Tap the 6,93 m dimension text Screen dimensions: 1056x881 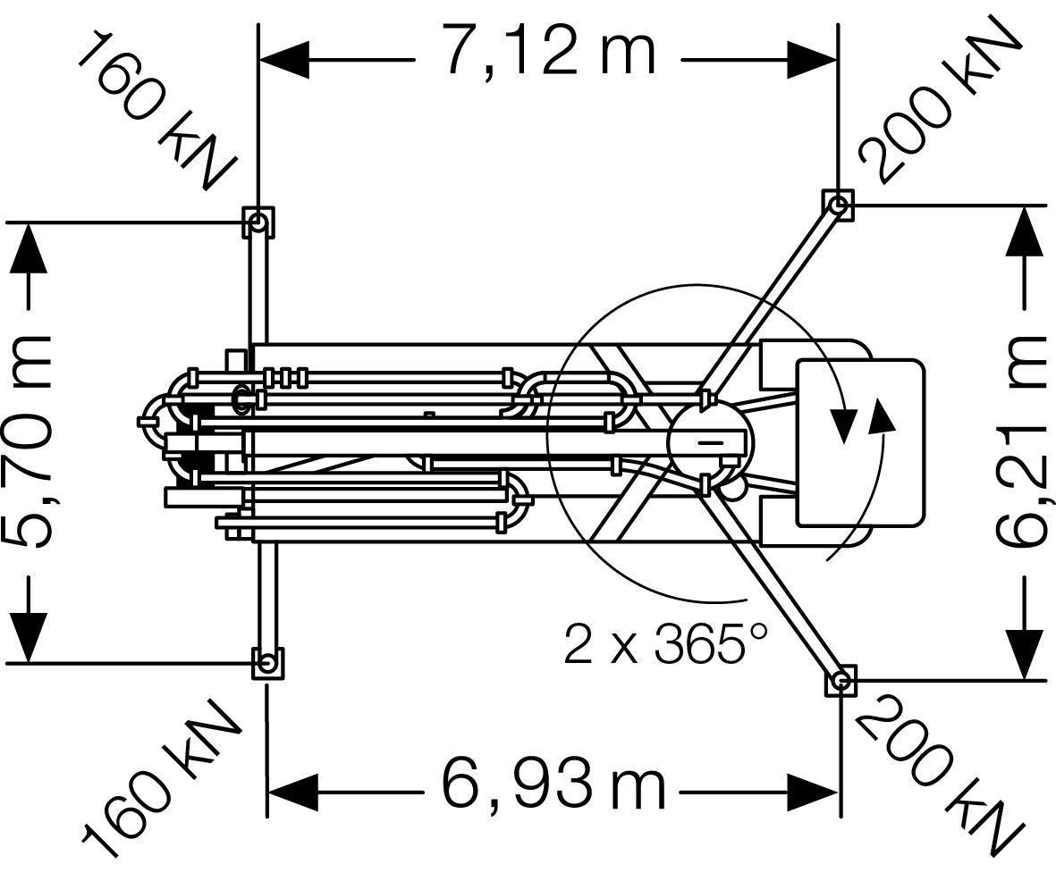coord(553,785)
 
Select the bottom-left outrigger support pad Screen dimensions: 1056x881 coord(267,664)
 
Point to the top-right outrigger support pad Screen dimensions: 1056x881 coord(839,206)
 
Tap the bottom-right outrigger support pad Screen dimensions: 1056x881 coord(840,681)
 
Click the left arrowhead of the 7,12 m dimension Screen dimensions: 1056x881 coord(284,60)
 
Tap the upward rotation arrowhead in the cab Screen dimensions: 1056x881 coord(881,415)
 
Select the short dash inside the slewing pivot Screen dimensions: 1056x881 coord(708,442)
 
